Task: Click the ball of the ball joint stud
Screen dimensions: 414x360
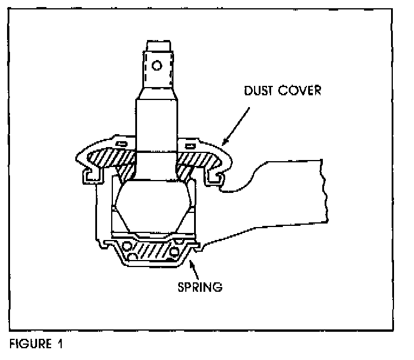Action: click(156, 206)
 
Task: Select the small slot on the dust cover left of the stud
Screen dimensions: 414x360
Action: click(121, 144)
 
